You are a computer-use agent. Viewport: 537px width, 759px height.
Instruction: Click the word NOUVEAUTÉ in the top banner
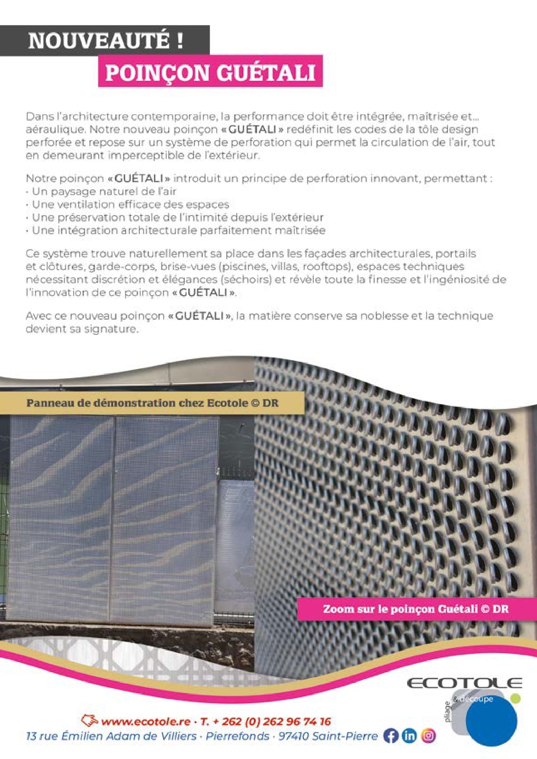pos(99,41)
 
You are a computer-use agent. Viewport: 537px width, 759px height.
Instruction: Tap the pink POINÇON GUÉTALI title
pos(210,72)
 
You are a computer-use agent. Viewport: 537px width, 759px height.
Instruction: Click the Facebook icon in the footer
pos(391,736)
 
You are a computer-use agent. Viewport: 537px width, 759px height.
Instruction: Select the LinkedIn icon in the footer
pos(409,736)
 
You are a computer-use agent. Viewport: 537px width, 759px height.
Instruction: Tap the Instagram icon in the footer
pos(428,736)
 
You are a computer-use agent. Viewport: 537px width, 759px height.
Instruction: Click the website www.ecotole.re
pos(145,721)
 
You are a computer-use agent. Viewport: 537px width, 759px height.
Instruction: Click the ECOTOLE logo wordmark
pos(464,683)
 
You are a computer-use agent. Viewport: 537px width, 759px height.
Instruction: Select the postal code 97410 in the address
pos(293,736)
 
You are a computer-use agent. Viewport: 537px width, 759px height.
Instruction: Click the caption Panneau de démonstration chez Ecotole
pos(152,403)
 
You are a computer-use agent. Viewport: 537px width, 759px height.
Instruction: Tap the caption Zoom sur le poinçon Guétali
pos(415,609)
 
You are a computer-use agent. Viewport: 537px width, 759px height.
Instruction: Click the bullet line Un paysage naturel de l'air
pos(104,191)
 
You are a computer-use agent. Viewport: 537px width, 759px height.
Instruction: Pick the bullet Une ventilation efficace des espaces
pos(130,204)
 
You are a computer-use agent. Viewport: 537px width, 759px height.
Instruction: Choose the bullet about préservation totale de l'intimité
pos(177,217)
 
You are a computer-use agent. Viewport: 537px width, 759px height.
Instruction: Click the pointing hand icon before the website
pos(90,720)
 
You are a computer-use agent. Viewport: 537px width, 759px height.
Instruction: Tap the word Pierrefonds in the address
pos(237,736)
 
